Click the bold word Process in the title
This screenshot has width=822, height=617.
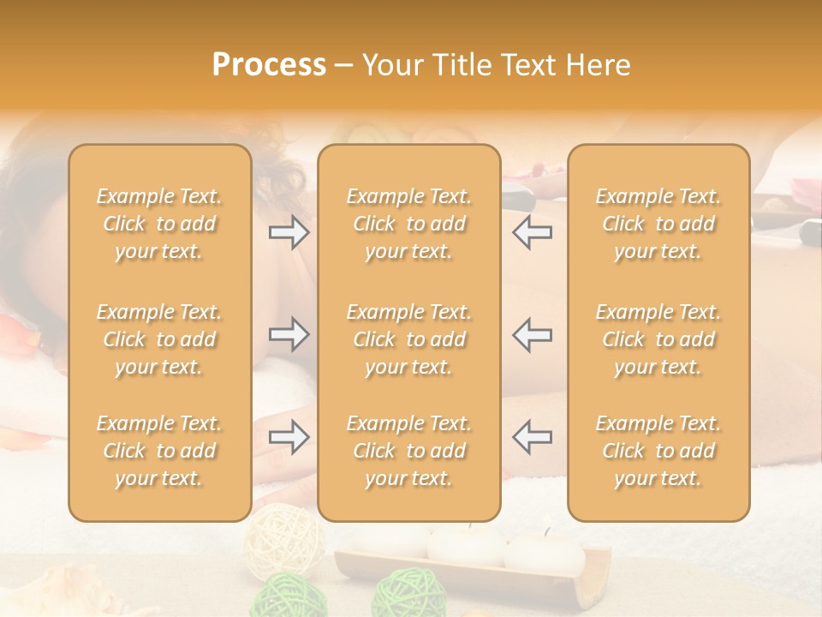coord(269,65)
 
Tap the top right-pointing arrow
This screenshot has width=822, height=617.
coord(289,232)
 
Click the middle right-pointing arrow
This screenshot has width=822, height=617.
coord(289,334)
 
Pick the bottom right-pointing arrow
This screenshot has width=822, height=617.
coord(289,437)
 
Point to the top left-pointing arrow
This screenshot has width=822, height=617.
coord(532,232)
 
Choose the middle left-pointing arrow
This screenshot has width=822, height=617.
coord(532,334)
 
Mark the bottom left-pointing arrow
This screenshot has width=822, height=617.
coord(532,437)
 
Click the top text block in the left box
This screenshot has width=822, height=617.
coord(159,224)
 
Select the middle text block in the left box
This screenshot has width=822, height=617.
coord(159,339)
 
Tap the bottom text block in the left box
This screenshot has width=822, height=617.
coord(159,451)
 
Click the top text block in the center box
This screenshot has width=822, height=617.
coord(408,224)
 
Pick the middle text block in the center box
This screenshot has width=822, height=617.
coord(408,339)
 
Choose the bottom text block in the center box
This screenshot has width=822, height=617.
coord(408,451)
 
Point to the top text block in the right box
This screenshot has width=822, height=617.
coord(658,224)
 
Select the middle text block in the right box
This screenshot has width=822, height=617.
coord(658,339)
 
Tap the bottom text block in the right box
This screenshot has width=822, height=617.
coord(658,451)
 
